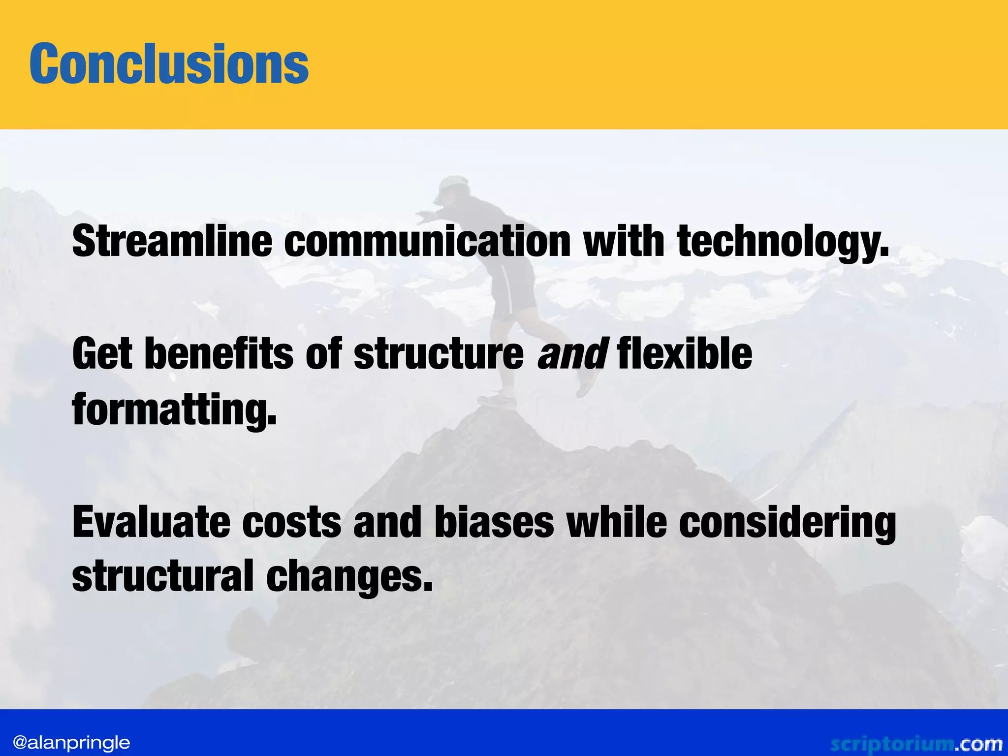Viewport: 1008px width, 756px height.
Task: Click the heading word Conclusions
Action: pos(169,64)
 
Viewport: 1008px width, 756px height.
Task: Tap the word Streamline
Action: pos(172,241)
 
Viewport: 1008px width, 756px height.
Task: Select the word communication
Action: pos(427,241)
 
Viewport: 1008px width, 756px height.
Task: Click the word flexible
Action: pos(684,354)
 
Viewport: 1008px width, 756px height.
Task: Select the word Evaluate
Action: pos(151,523)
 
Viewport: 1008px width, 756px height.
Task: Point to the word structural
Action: pos(162,576)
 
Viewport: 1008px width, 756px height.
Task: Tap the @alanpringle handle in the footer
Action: pos(72,742)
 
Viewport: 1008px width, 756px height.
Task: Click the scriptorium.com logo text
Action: pos(915,743)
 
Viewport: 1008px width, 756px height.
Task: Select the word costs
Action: pos(291,523)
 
